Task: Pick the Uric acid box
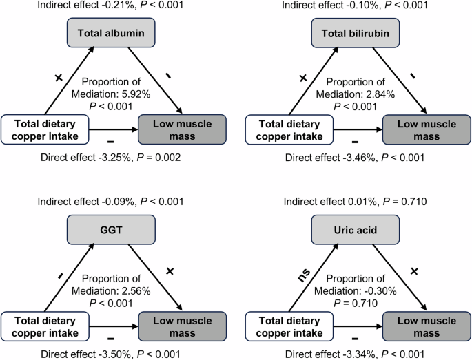pos(356,230)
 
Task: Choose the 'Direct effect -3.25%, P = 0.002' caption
pos(112,157)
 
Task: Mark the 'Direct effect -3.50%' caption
pos(112,354)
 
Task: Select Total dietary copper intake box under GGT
pos(45,325)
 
